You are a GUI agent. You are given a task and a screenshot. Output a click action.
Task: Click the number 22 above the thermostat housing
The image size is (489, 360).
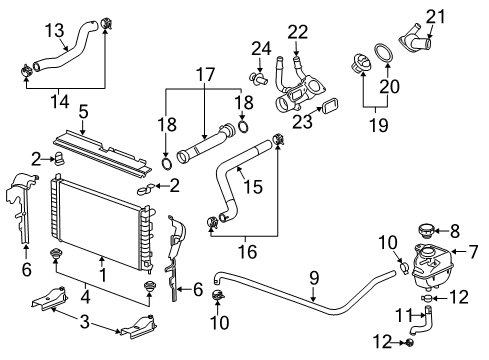298,33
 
